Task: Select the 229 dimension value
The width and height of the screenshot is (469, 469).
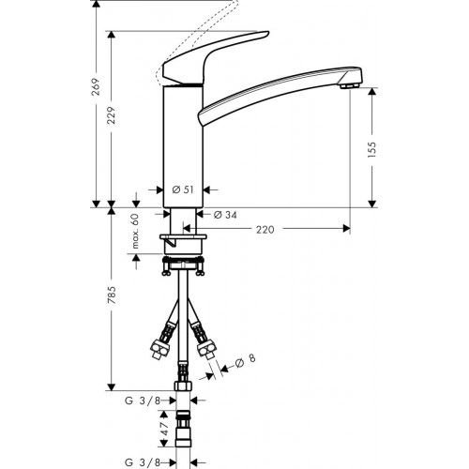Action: pos(113,114)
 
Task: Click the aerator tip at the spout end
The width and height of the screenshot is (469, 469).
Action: pos(349,85)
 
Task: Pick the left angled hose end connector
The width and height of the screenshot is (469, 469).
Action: pos(158,347)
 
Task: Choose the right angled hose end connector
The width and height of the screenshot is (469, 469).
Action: pos(206,347)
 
